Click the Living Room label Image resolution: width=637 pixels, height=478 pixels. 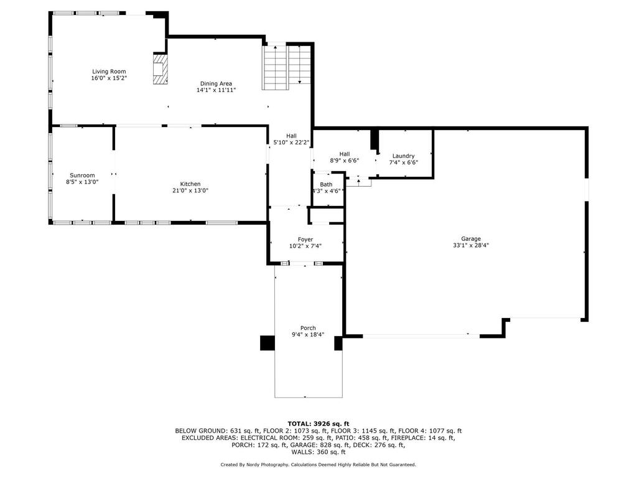109,72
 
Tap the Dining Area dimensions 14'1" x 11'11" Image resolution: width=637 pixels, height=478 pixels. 216,90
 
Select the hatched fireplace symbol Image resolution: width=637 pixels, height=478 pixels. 160,68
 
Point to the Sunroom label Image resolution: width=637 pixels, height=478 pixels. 82,176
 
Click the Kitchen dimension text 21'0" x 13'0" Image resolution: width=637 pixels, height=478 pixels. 190,190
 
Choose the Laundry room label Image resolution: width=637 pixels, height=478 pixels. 403,156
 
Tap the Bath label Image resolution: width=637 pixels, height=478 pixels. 326,184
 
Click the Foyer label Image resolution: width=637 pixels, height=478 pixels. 305,240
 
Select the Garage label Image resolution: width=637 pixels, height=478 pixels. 471,239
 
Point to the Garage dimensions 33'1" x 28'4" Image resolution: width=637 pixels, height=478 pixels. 471,245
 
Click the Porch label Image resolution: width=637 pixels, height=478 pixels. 308,328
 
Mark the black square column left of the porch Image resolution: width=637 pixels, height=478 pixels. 267,343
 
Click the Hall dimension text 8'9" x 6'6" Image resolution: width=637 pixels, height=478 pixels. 345,161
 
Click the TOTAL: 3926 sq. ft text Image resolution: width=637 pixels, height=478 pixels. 318,423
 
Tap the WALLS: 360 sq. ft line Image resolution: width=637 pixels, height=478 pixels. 318,452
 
